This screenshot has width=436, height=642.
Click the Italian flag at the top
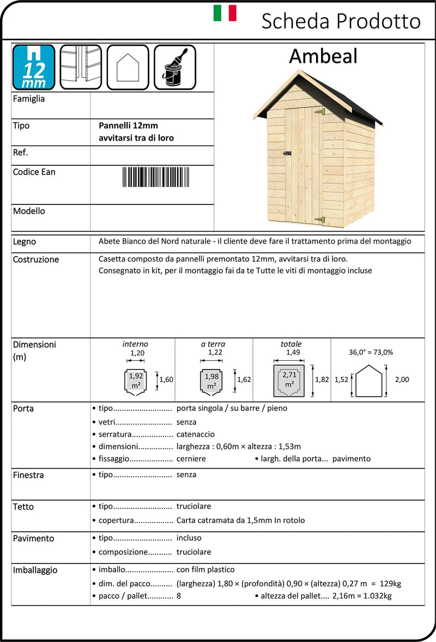point(225,13)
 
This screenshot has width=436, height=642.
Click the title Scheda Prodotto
point(341,21)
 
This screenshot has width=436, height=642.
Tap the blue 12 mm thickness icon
point(34,67)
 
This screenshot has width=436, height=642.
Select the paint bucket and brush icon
point(175,67)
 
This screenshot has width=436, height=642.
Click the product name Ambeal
point(323,56)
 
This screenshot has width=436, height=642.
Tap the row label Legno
point(25,241)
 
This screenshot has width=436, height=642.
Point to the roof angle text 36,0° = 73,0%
point(371,352)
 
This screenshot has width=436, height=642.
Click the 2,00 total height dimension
point(401,380)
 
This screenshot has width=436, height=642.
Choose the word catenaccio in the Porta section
point(195,434)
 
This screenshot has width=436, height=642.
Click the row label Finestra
point(28,475)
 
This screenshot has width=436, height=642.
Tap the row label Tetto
point(23,507)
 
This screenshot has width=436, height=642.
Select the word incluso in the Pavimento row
point(189,538)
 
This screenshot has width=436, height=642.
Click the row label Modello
point(29,211)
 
